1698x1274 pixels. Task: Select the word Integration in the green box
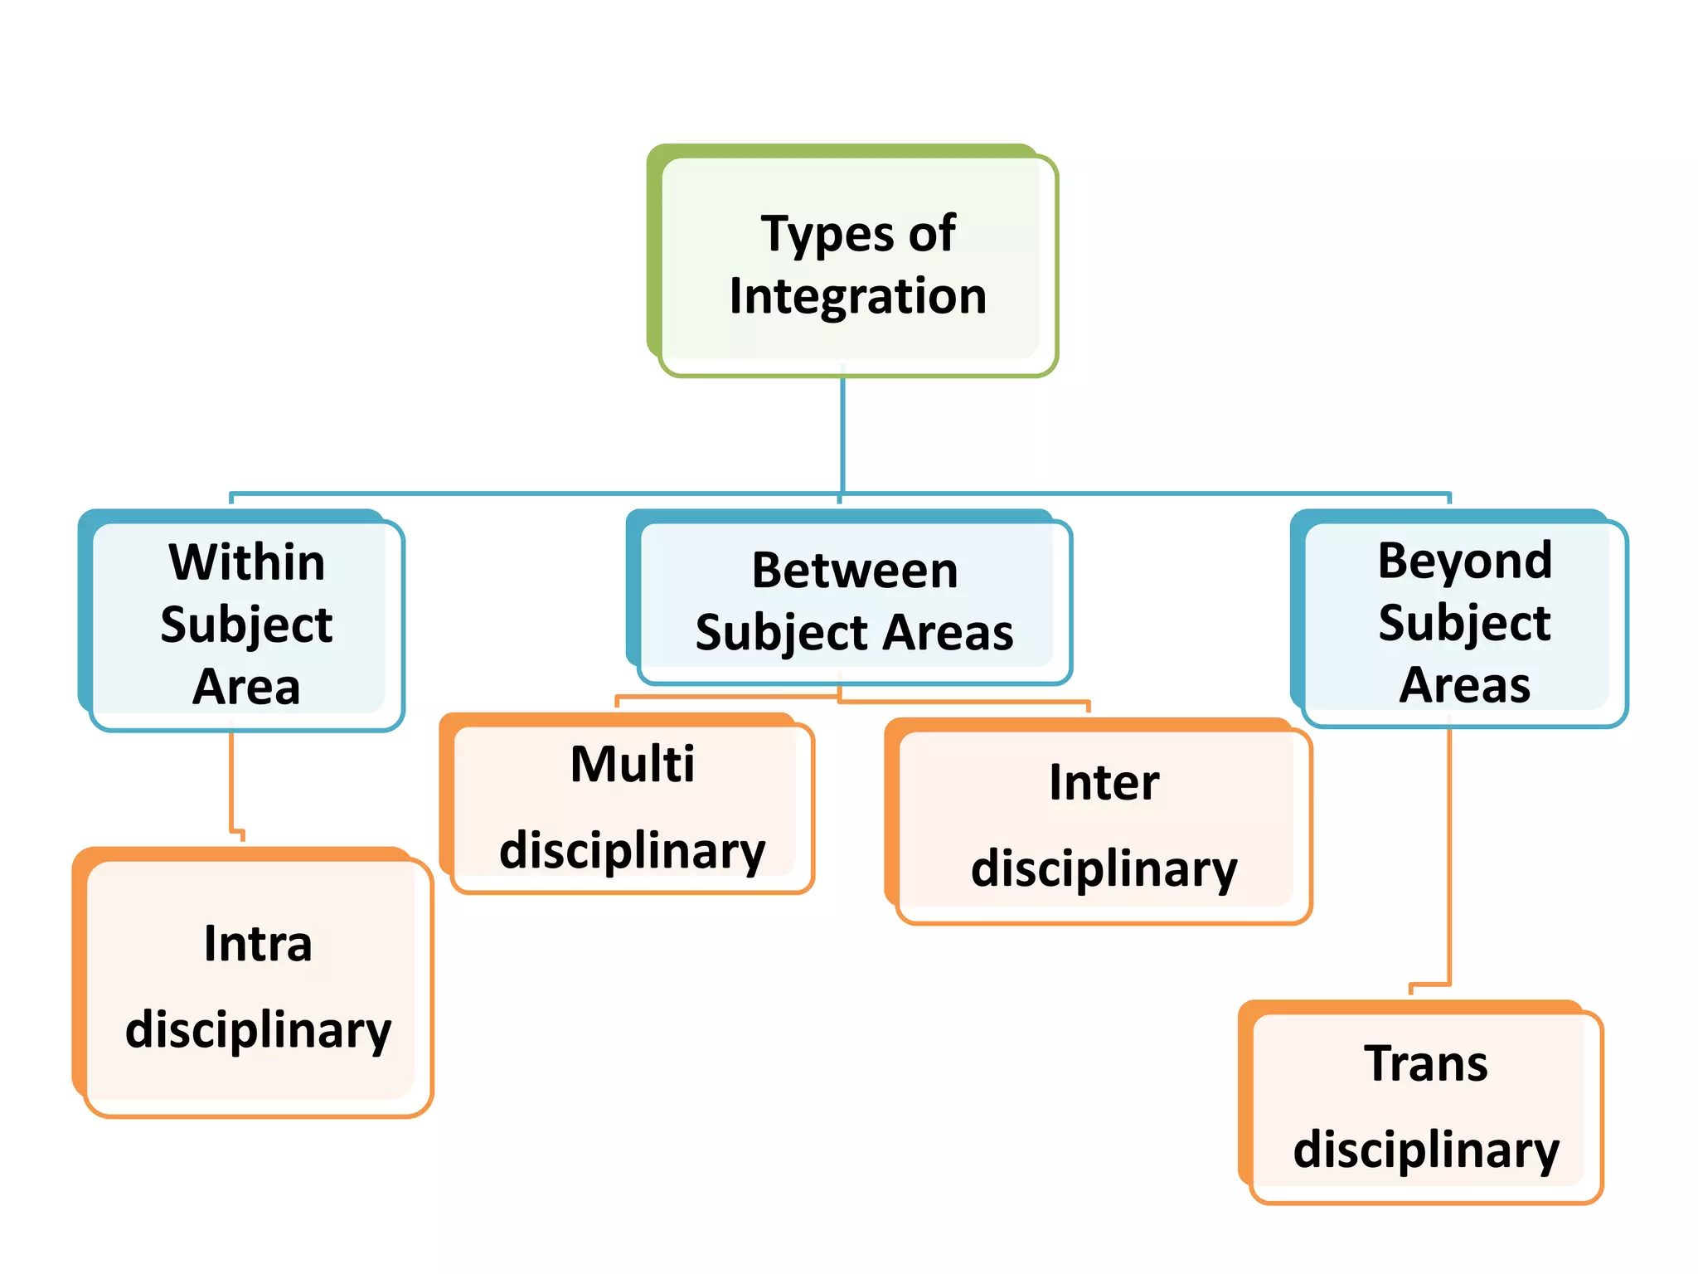click(x=858, y=296)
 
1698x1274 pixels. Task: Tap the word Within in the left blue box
click(x=246, y=562)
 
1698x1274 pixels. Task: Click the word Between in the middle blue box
click(x=855, y=571)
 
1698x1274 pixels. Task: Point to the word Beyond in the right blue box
click(x=1464, y=562)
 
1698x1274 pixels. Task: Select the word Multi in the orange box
click(x=633, y=764)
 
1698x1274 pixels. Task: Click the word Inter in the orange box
click(x=1104, y=782)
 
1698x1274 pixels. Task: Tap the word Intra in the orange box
click(x=258, y=944)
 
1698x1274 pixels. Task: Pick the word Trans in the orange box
click(x=1425, y=1064)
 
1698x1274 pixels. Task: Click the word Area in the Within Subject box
click(x=246, y=687)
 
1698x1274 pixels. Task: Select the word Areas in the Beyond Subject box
click(x=1464, y=685)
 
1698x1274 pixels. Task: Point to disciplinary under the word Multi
click(x=633, y=852)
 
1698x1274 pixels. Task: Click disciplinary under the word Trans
click(x=1425, y=1151)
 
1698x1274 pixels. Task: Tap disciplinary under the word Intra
click(x=258, y=1031)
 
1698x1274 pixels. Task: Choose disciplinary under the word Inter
click(x=1104, y=870)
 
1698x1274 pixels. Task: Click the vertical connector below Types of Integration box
click(x=842, y=435)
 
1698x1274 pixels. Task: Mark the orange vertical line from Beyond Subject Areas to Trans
click(x=1448, y=854)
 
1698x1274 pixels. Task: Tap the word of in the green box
click(x=932, y=235)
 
